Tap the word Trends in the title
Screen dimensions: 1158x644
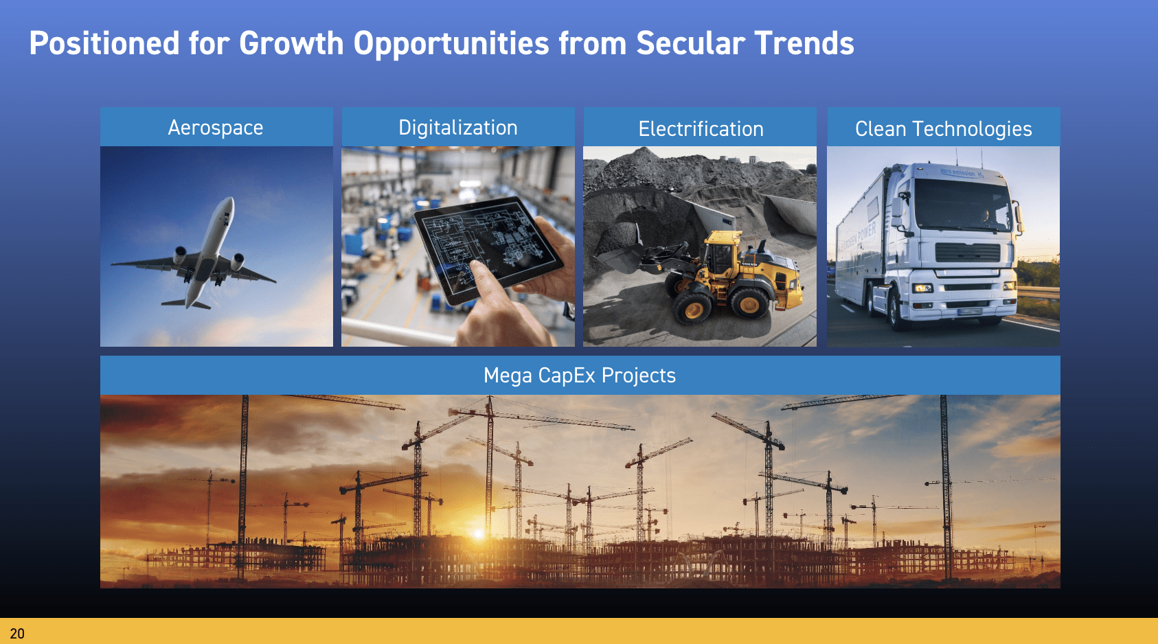(x=804, y=43)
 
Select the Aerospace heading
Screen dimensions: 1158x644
(x=216, y=128)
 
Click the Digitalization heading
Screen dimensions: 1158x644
(x=458, y=128)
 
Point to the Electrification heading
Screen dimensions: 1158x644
(x=701, y=128)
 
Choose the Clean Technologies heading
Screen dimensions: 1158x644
(x=944, y=129)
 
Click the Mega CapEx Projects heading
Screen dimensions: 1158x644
(x=580, y=376)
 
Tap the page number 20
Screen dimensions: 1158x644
(x=17, y=634)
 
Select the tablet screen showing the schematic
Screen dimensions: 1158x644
(x=488, y=244)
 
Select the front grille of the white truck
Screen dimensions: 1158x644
(x=967, y=253)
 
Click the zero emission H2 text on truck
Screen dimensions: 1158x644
(x=962, y=172)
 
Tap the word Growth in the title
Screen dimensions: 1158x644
(x=291, y=43)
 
